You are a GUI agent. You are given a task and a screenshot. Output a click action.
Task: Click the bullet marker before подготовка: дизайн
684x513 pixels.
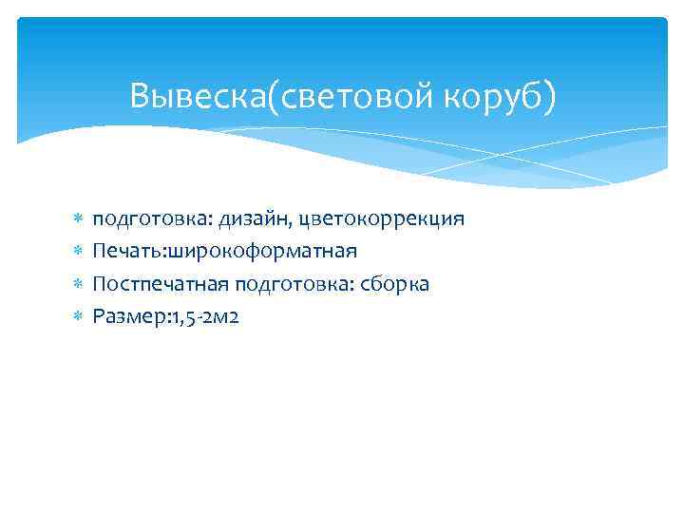coord(75,219)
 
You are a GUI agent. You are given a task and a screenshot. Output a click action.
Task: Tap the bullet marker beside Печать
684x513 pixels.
coord(75,252)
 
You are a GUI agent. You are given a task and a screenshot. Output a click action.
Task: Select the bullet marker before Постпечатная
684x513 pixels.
coord(75,284)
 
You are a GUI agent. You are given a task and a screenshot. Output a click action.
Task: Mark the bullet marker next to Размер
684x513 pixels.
coord(75,316)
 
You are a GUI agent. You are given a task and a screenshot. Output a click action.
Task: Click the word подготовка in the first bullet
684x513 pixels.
coord(153,219)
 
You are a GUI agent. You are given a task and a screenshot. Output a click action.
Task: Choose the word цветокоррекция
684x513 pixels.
coord(381,219)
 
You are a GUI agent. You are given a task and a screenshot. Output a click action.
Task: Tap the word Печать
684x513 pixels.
coord(127,252)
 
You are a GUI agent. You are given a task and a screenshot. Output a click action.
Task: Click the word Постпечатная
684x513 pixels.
coord(161,284)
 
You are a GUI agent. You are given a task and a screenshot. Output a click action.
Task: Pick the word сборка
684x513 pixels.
coord(398,284)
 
